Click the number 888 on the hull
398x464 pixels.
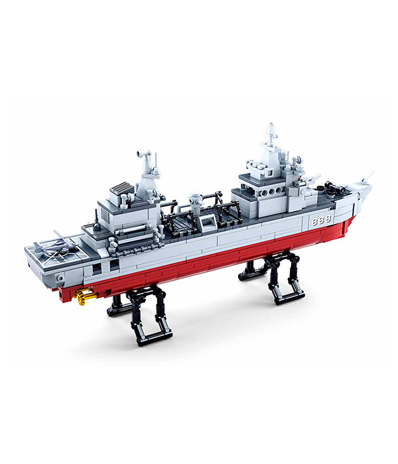(321, 220)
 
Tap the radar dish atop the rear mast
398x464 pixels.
(142, 154)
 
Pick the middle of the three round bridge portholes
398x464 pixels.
(271, 193)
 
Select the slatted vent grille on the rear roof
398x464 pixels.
(122, 188)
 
